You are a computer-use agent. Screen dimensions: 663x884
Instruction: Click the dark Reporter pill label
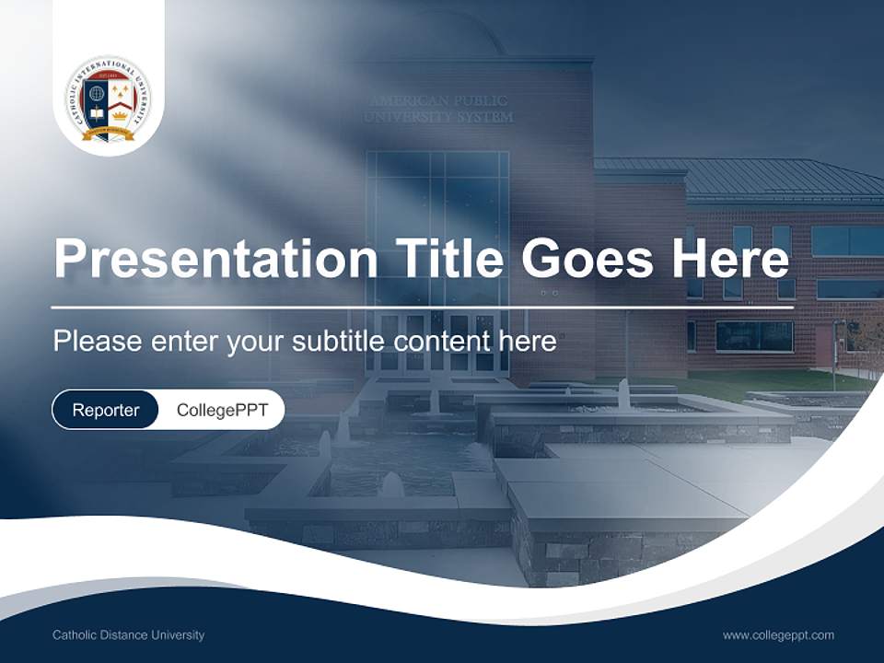pos(105,410)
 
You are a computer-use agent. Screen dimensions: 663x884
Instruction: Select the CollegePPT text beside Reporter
pos(222,410)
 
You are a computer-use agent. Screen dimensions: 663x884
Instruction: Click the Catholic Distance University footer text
pos(128,635)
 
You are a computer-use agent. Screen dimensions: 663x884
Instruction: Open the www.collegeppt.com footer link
pos(778,635)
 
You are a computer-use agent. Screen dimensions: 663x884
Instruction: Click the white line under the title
pos(423,308)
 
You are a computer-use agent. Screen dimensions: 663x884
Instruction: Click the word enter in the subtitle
pos(180,342)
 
